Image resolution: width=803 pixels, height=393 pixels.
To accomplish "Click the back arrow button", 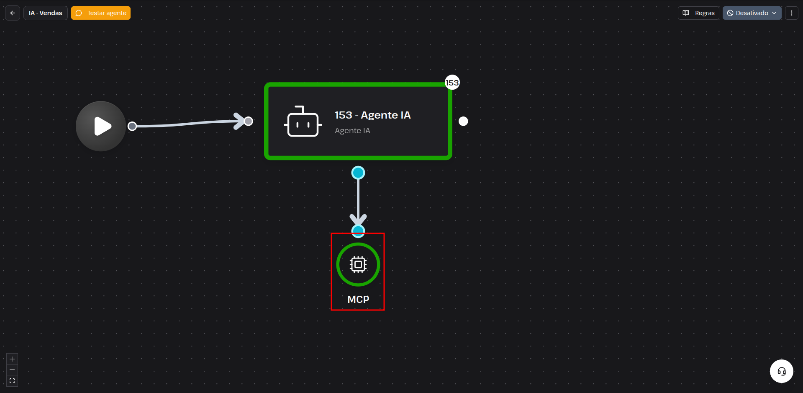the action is [x=13, y=13].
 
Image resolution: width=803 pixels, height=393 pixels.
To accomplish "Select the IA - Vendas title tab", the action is [x=45, y=13].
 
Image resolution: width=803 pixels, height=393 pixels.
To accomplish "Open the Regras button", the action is [x=698, y=13].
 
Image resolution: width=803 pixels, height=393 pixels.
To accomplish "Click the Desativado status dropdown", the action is [x=752, y=13].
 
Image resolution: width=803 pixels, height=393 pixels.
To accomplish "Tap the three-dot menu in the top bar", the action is [x=791, y=13].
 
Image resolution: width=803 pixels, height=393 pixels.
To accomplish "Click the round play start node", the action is [x=101, y=126].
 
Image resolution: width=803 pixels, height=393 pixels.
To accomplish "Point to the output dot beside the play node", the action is [x=132, y=126].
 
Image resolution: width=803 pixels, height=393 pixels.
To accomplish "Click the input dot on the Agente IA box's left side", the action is [x=248, y=121].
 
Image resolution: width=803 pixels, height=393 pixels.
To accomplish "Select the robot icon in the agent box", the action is [x=303, y=122].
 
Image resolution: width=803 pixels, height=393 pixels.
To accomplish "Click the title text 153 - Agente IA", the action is [x=372, y=115].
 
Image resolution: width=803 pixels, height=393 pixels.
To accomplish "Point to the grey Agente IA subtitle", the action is [x=352, y=131].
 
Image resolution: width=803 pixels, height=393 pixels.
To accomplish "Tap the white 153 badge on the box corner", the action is [x=452, y=83].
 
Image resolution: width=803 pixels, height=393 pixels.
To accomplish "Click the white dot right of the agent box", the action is [x=463, y=121].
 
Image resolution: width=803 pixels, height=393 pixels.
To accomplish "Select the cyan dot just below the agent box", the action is [x=358, y=173].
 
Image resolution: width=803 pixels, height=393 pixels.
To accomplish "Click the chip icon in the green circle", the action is [x=358, y=264].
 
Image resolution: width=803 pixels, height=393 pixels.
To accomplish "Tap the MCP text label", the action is [x=358, y=300].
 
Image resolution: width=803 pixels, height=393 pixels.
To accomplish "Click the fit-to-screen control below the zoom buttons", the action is [x=12, y=381].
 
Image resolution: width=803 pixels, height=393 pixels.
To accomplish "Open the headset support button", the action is [x=782, y=371].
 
